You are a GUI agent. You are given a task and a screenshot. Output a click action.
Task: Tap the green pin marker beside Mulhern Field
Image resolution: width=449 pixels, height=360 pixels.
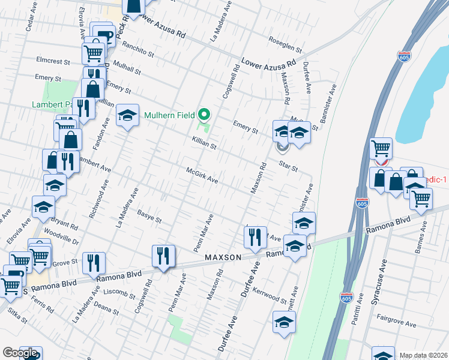(204, 114)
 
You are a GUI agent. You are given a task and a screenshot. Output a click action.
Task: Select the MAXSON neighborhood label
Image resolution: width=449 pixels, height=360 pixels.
(223, 257)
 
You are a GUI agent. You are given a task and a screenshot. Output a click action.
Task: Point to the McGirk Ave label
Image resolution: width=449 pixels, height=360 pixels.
(201, 175)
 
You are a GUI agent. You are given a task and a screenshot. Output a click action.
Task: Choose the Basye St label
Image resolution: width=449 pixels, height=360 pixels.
(149, 216)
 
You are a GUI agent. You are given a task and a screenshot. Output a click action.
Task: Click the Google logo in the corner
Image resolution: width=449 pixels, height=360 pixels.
(20, 353)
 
